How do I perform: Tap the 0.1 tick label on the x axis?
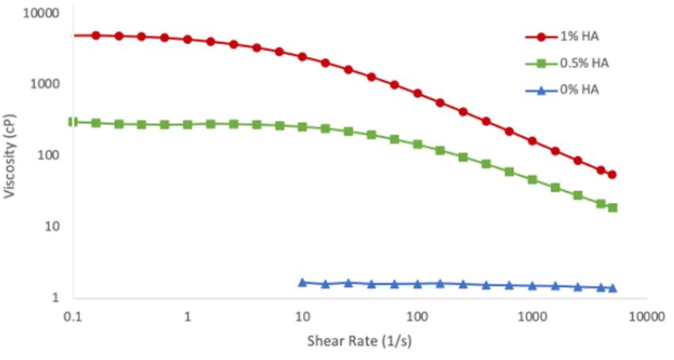[x=73, y=315]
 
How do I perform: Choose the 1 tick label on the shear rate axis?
[x=188, y=315]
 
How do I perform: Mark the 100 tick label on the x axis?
[x=416, y=315]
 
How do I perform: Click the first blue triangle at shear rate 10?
[x=302, y=282]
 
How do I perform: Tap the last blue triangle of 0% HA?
[x=612, y=288]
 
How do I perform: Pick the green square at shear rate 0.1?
[x=73, y=121]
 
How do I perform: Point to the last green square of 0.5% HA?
[x=612, y=208]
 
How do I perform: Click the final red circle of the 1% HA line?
[x=612, y=174]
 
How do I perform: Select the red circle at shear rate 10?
[x=302, y=57]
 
